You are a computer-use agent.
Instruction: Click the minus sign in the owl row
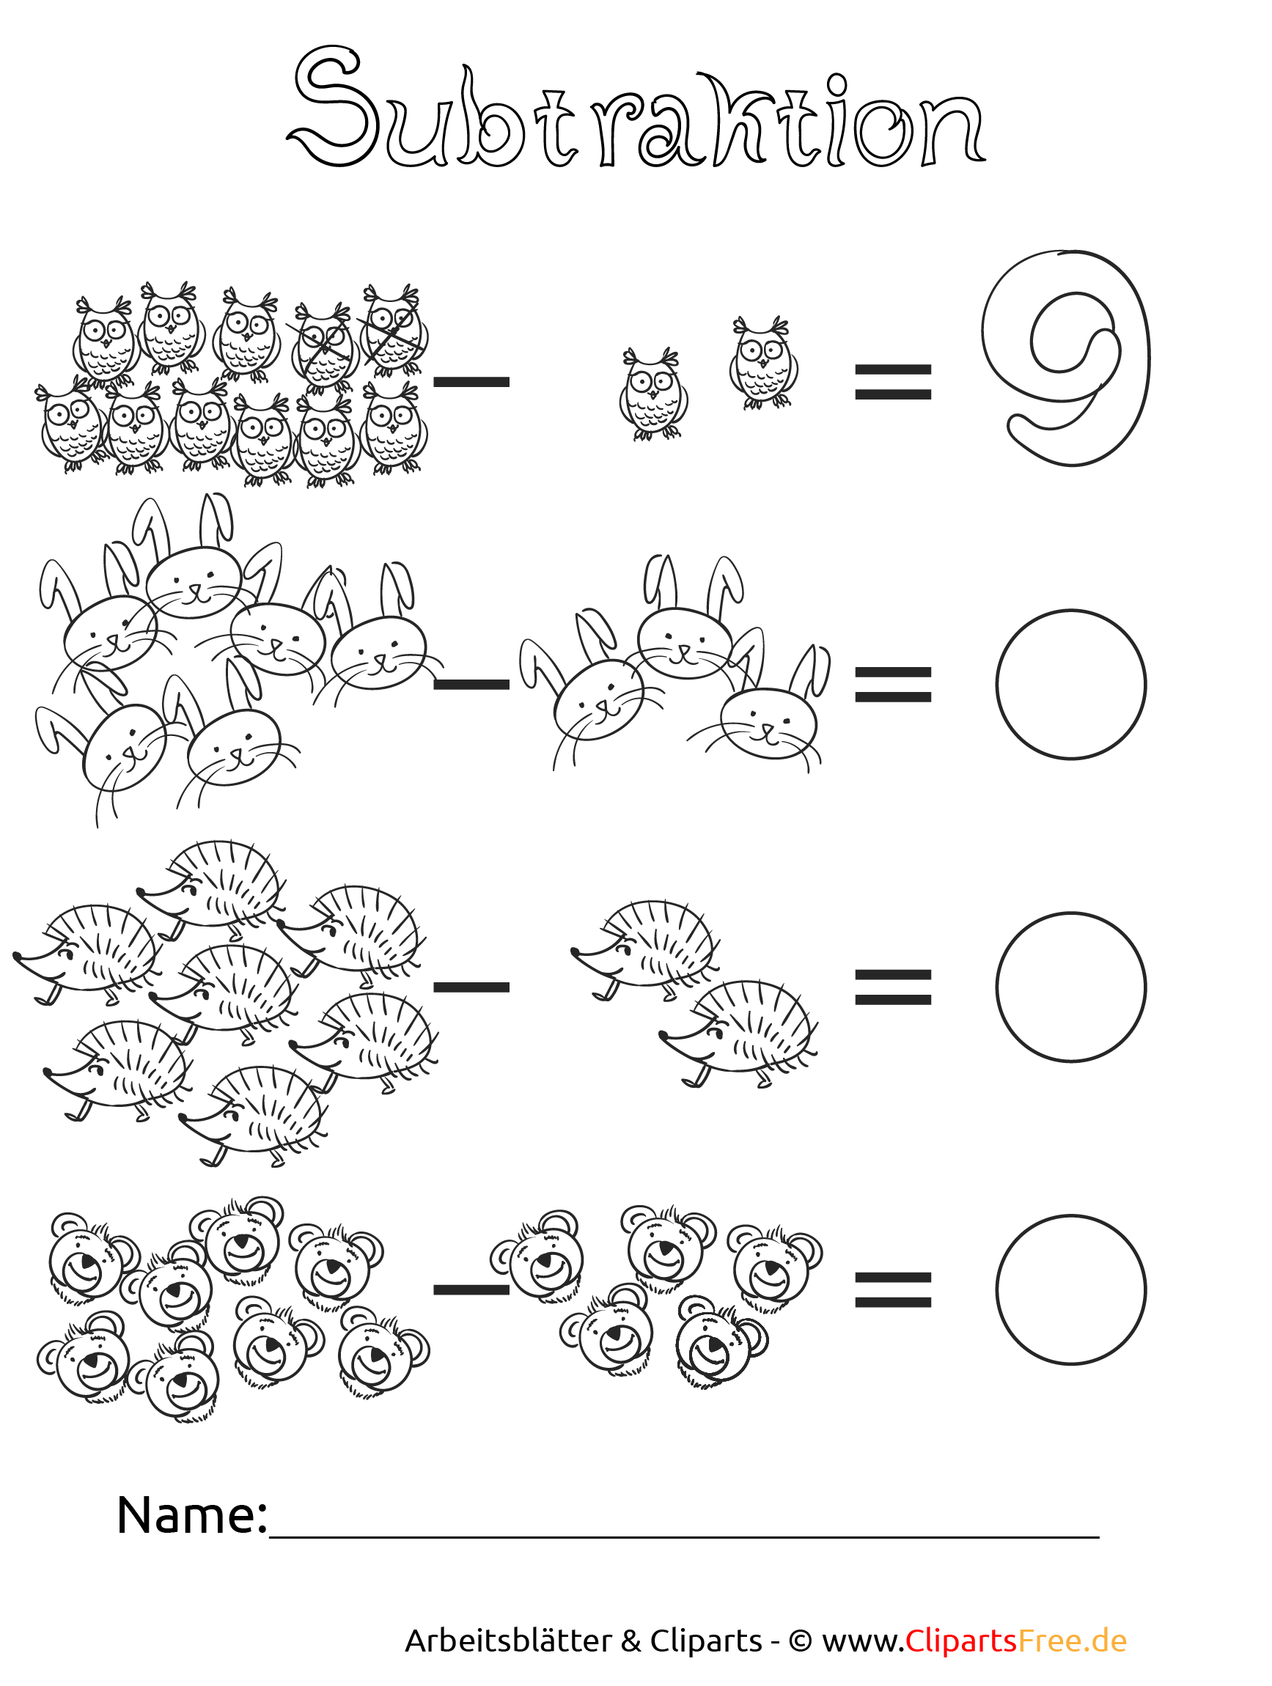(471, 382)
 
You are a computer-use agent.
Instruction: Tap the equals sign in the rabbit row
(892, 685)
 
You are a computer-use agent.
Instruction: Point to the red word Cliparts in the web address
(961, 1641)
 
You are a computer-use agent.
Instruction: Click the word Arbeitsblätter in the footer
(508, 1641)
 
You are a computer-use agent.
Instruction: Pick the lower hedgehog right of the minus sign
(738, 1033)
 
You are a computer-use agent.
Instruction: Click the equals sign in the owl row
(892, 382)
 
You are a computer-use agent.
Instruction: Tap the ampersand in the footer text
(631, 1641)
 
